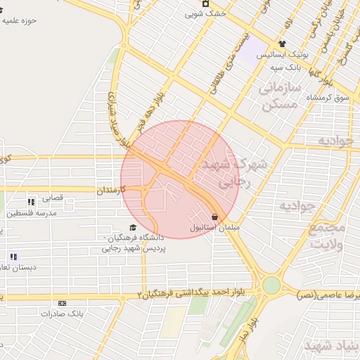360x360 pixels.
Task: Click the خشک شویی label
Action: (205, 13)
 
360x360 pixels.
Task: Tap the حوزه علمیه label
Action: (19, 20)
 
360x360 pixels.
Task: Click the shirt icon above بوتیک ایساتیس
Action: (281, 44)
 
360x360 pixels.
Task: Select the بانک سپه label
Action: (286, 68)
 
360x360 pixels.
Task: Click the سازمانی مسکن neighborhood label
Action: (279, 96)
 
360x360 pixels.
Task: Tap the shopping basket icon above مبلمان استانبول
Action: (214, 217)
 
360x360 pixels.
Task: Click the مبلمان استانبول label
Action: (214, 229)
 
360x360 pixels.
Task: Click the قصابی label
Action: (53, 198)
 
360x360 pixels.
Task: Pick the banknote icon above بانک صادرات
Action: (63, 303)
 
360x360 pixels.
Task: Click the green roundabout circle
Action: (271, 285)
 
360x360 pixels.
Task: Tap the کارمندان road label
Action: (110, 190)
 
